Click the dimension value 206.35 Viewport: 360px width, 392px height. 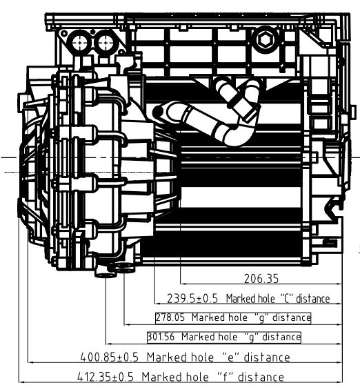pos(261,279)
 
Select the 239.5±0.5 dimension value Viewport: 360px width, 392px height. pos(192,299)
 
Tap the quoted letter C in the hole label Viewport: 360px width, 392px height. pos(286,298)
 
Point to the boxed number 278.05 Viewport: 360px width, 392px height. pos(170,317)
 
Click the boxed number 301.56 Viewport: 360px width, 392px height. pos(161,337)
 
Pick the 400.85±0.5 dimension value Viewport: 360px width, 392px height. pos(109,357)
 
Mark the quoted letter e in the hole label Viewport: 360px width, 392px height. pos(230,357)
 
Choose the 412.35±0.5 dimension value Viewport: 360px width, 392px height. pos(106,377)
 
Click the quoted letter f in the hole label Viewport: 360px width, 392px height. pos(225,377)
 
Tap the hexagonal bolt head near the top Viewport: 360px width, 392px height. pos(265,40)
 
